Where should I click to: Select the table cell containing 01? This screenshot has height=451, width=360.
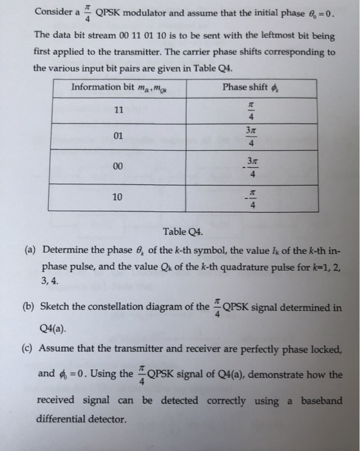tap(117, 137)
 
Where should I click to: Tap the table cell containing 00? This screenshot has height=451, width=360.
tap(117, 166)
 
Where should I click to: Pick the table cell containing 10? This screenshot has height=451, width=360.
tap(117, 197)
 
